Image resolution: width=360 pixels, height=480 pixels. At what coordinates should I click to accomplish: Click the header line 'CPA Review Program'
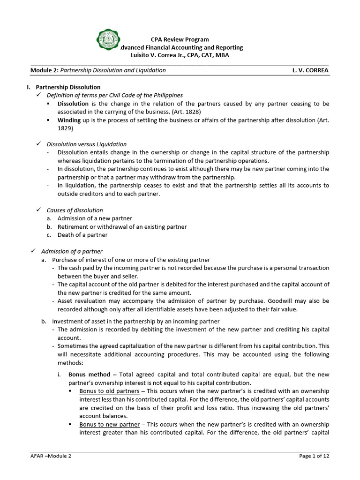point(180,39)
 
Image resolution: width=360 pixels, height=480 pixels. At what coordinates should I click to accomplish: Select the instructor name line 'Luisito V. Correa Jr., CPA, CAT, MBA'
point(180,55)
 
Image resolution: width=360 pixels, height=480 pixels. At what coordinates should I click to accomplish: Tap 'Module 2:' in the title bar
point(44,70)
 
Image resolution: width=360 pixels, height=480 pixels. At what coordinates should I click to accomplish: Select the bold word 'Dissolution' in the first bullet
point(73,104)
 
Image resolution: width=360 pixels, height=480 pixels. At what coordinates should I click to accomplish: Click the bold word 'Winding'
point(69,120)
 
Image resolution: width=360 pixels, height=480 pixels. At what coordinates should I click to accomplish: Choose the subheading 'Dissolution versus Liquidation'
point(86,144)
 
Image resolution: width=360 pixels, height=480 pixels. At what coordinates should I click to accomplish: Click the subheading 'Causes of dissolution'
point(75,210)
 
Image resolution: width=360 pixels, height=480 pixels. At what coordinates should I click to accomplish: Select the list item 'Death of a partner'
point(82,235)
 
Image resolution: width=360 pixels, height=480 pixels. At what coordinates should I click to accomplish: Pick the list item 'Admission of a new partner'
point(95,218)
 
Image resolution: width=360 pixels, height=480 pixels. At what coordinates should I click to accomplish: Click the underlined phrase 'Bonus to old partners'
point(109,391)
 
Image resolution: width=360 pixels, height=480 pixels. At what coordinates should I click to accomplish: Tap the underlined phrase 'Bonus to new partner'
point(109,424)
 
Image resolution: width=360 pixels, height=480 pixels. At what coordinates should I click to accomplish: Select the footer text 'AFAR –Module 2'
point(51,456)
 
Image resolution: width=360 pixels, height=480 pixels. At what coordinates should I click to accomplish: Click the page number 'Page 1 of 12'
point(314,456)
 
